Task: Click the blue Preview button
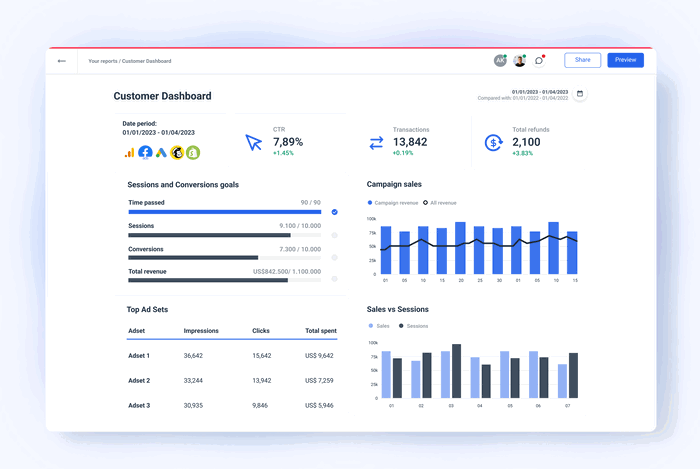[625, 60]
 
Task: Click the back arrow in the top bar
[62, 61]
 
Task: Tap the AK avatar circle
[500, 60]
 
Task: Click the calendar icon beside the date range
[580, 93]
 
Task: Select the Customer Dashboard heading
[162, 96]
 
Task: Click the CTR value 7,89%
[290, 141]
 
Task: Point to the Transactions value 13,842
[410, 142]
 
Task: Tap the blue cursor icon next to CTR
[253, 142]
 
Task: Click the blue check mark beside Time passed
[334, 212]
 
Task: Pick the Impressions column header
[201, 330]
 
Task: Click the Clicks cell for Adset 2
[261, 380]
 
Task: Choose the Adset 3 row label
[139, 405]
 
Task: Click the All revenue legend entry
[442, 202]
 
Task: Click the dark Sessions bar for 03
[456, 371]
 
